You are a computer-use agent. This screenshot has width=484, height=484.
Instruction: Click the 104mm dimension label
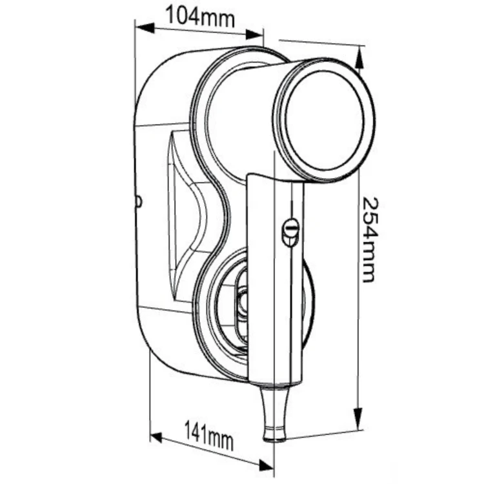pos(200,16)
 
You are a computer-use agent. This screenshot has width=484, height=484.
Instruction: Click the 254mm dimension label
pos(370,239)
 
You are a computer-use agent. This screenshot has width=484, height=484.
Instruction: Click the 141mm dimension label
pos(208,436)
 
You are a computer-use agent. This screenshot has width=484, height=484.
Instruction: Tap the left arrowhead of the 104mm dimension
pos(145,28)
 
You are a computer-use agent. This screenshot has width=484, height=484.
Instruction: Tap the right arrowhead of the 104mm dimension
pos(254,34)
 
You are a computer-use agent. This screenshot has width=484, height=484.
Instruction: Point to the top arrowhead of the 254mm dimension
pos(359,59)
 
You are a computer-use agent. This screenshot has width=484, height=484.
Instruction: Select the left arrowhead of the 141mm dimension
pos(156,438)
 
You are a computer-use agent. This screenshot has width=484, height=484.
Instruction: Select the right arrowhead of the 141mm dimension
pos(265,465)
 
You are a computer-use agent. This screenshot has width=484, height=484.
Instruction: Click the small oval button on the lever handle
pos(290,232)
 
